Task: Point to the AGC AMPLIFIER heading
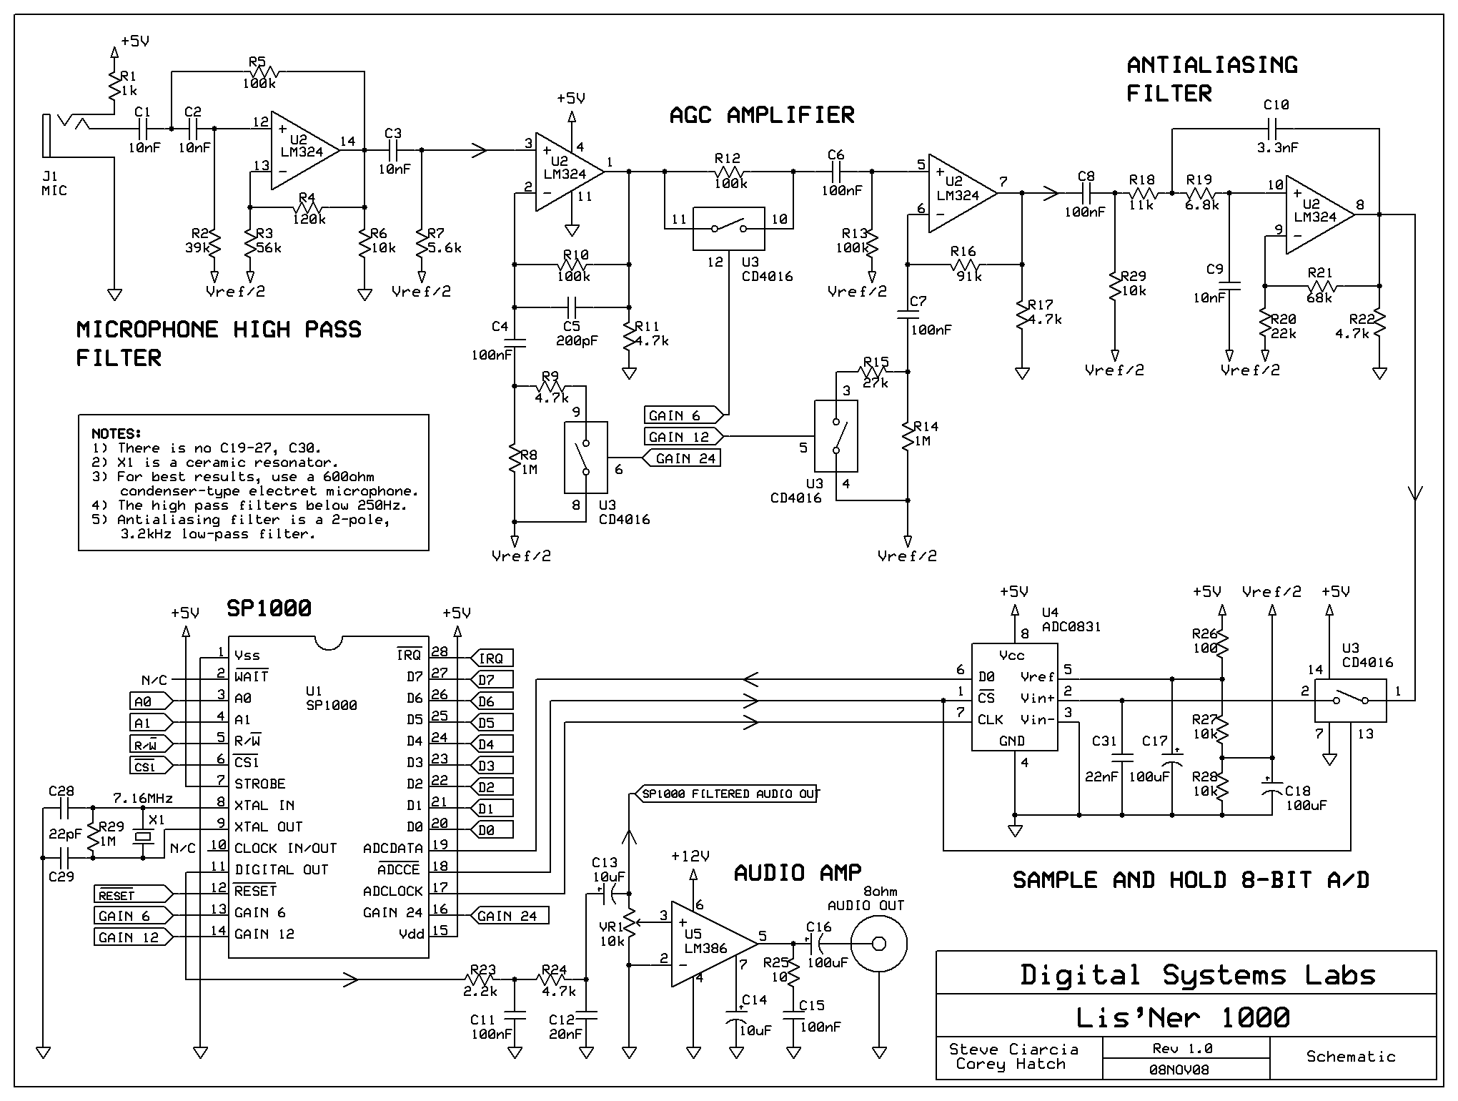[x=762, y=114]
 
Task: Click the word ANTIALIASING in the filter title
[x=1212, y=64]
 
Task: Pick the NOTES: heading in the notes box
[x=116, y=433]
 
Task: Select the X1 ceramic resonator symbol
[x=143, y=836]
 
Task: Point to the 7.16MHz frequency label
[x=143, y=797]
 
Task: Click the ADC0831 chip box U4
[x=1015, y=697]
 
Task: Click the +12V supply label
[x=690, y=856]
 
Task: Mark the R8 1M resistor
[x=515, y=461]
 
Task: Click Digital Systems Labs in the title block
[x=1197, y=975]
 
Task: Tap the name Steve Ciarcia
[x=1013, y=1049]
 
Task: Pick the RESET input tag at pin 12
[x=133, y=894]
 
